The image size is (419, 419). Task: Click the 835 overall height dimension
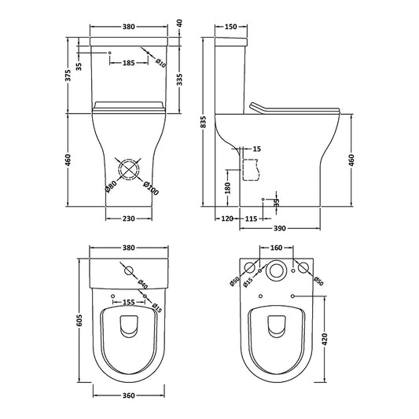(204, 123)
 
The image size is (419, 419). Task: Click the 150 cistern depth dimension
(230, 26)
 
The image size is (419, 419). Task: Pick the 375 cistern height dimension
(69, 75)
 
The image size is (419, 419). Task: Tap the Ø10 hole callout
(160, 63)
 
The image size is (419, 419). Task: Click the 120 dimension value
(228, 218)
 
